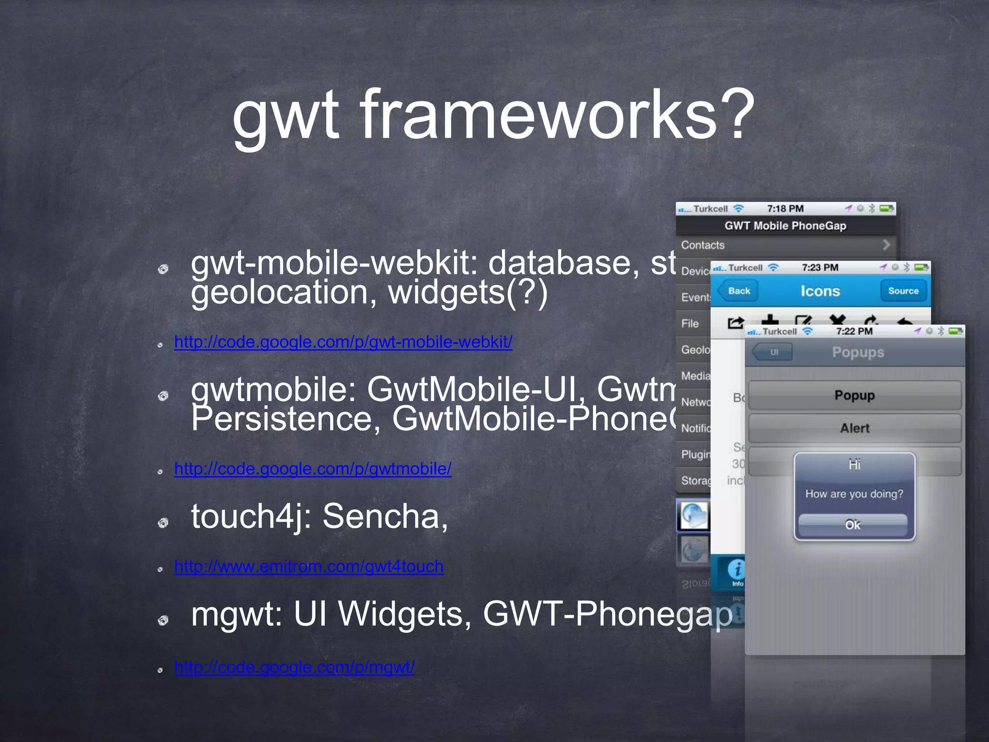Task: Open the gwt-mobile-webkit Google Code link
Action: pyautogui.click(x=343, y=342)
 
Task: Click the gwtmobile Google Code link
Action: pyautogui.click(x=312, y=469)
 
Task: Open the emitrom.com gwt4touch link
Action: pyautogui.click(x=309, y=566)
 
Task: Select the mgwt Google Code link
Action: pyautogui.click(x=294, y=667)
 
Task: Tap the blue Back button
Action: pyautogui.click(x=738, y=291)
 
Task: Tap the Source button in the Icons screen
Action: pyautogui.click(x=903, y=291)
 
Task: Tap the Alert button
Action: pyautogui.click(x=854, y=428)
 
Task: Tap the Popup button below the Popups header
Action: pyautogui.click(x=854, y=395)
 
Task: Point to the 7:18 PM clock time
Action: pyautogui.click(x=785, y=209)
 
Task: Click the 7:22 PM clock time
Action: pyautogui.click(x=854, y=331)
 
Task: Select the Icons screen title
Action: pyautogui.click(x=820, y=291)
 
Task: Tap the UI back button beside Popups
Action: pyautogui.click(x=773, y=352)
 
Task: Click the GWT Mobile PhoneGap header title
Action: pyautogui.click(x=785, y=226)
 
